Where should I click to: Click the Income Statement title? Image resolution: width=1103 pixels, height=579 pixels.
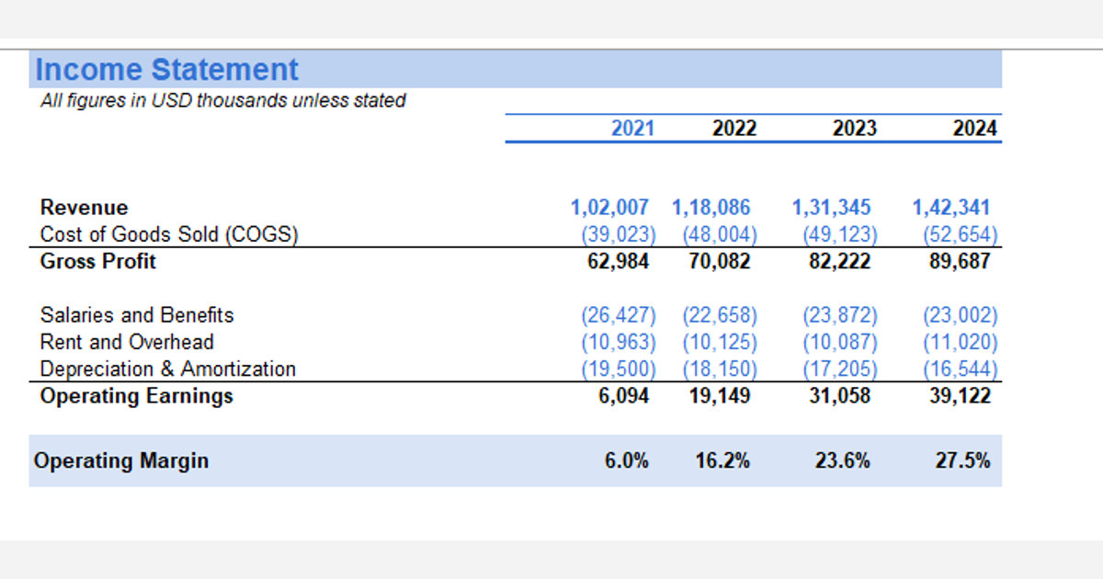(x=167, y=70)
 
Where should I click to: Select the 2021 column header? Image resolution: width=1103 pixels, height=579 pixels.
(x=632, y=129)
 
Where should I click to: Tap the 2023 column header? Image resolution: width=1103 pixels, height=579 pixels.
(x=854, y=129)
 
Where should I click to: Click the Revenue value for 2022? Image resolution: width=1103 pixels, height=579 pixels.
(x=711, y=208)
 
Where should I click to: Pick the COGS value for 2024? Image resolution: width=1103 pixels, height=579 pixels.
(x=961, y=234)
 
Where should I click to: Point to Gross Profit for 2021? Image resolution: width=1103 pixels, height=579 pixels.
(x=618, y=261)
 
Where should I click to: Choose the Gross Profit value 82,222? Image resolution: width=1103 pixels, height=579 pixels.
(x=839, y=261)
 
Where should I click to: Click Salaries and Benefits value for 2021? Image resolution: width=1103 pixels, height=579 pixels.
(x=619, y=315)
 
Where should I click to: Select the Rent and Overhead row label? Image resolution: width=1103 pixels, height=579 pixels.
(x=127, y=342)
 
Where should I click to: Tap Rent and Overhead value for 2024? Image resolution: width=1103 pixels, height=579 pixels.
(x=961, y=342)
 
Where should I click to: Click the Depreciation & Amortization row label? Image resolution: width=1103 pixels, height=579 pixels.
(x=168, y=369)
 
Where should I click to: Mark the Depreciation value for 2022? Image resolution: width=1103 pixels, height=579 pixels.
(x=720, y=369)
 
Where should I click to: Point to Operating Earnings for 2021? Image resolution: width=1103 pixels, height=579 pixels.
(x=623, y=396)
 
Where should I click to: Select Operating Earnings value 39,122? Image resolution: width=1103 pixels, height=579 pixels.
(x=960, y=396)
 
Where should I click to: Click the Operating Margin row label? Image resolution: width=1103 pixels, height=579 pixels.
(x=121, y=460)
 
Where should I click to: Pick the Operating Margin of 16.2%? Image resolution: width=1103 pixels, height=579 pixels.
(x=722, y=460)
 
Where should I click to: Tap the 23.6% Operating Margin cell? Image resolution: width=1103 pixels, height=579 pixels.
(x=843, y=460)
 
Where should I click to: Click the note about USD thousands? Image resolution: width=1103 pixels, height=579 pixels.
(x=223, y=100)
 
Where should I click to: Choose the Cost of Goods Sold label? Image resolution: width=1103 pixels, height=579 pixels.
(x=169, y=234)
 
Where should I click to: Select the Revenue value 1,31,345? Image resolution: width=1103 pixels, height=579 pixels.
(x=831, y=208)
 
